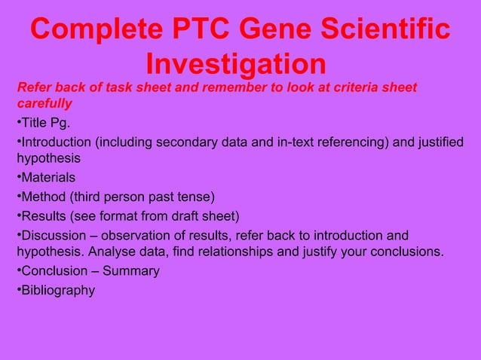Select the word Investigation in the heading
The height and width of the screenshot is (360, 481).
[x=235, y=63]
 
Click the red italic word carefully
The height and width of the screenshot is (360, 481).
[x=44, y=103]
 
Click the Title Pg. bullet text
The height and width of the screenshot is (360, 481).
[x=46, y=123]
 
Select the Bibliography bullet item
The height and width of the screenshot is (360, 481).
[x=58, y=289]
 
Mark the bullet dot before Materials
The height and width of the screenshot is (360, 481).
[x=18, y=178]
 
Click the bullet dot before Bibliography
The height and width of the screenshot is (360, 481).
[x=18, y=289]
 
